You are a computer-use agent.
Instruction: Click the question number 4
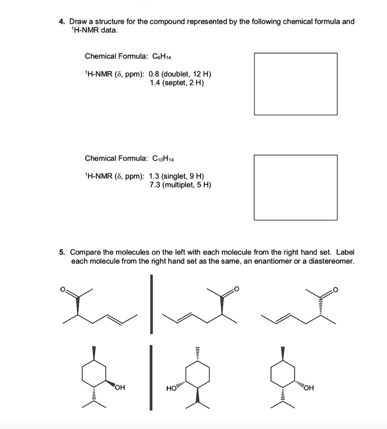[61, 21]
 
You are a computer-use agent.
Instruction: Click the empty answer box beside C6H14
[296, 84]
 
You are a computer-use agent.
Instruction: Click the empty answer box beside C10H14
[296, 187]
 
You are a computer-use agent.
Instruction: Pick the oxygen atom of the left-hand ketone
[64, 289]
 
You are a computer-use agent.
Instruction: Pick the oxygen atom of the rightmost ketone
[335, 289]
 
